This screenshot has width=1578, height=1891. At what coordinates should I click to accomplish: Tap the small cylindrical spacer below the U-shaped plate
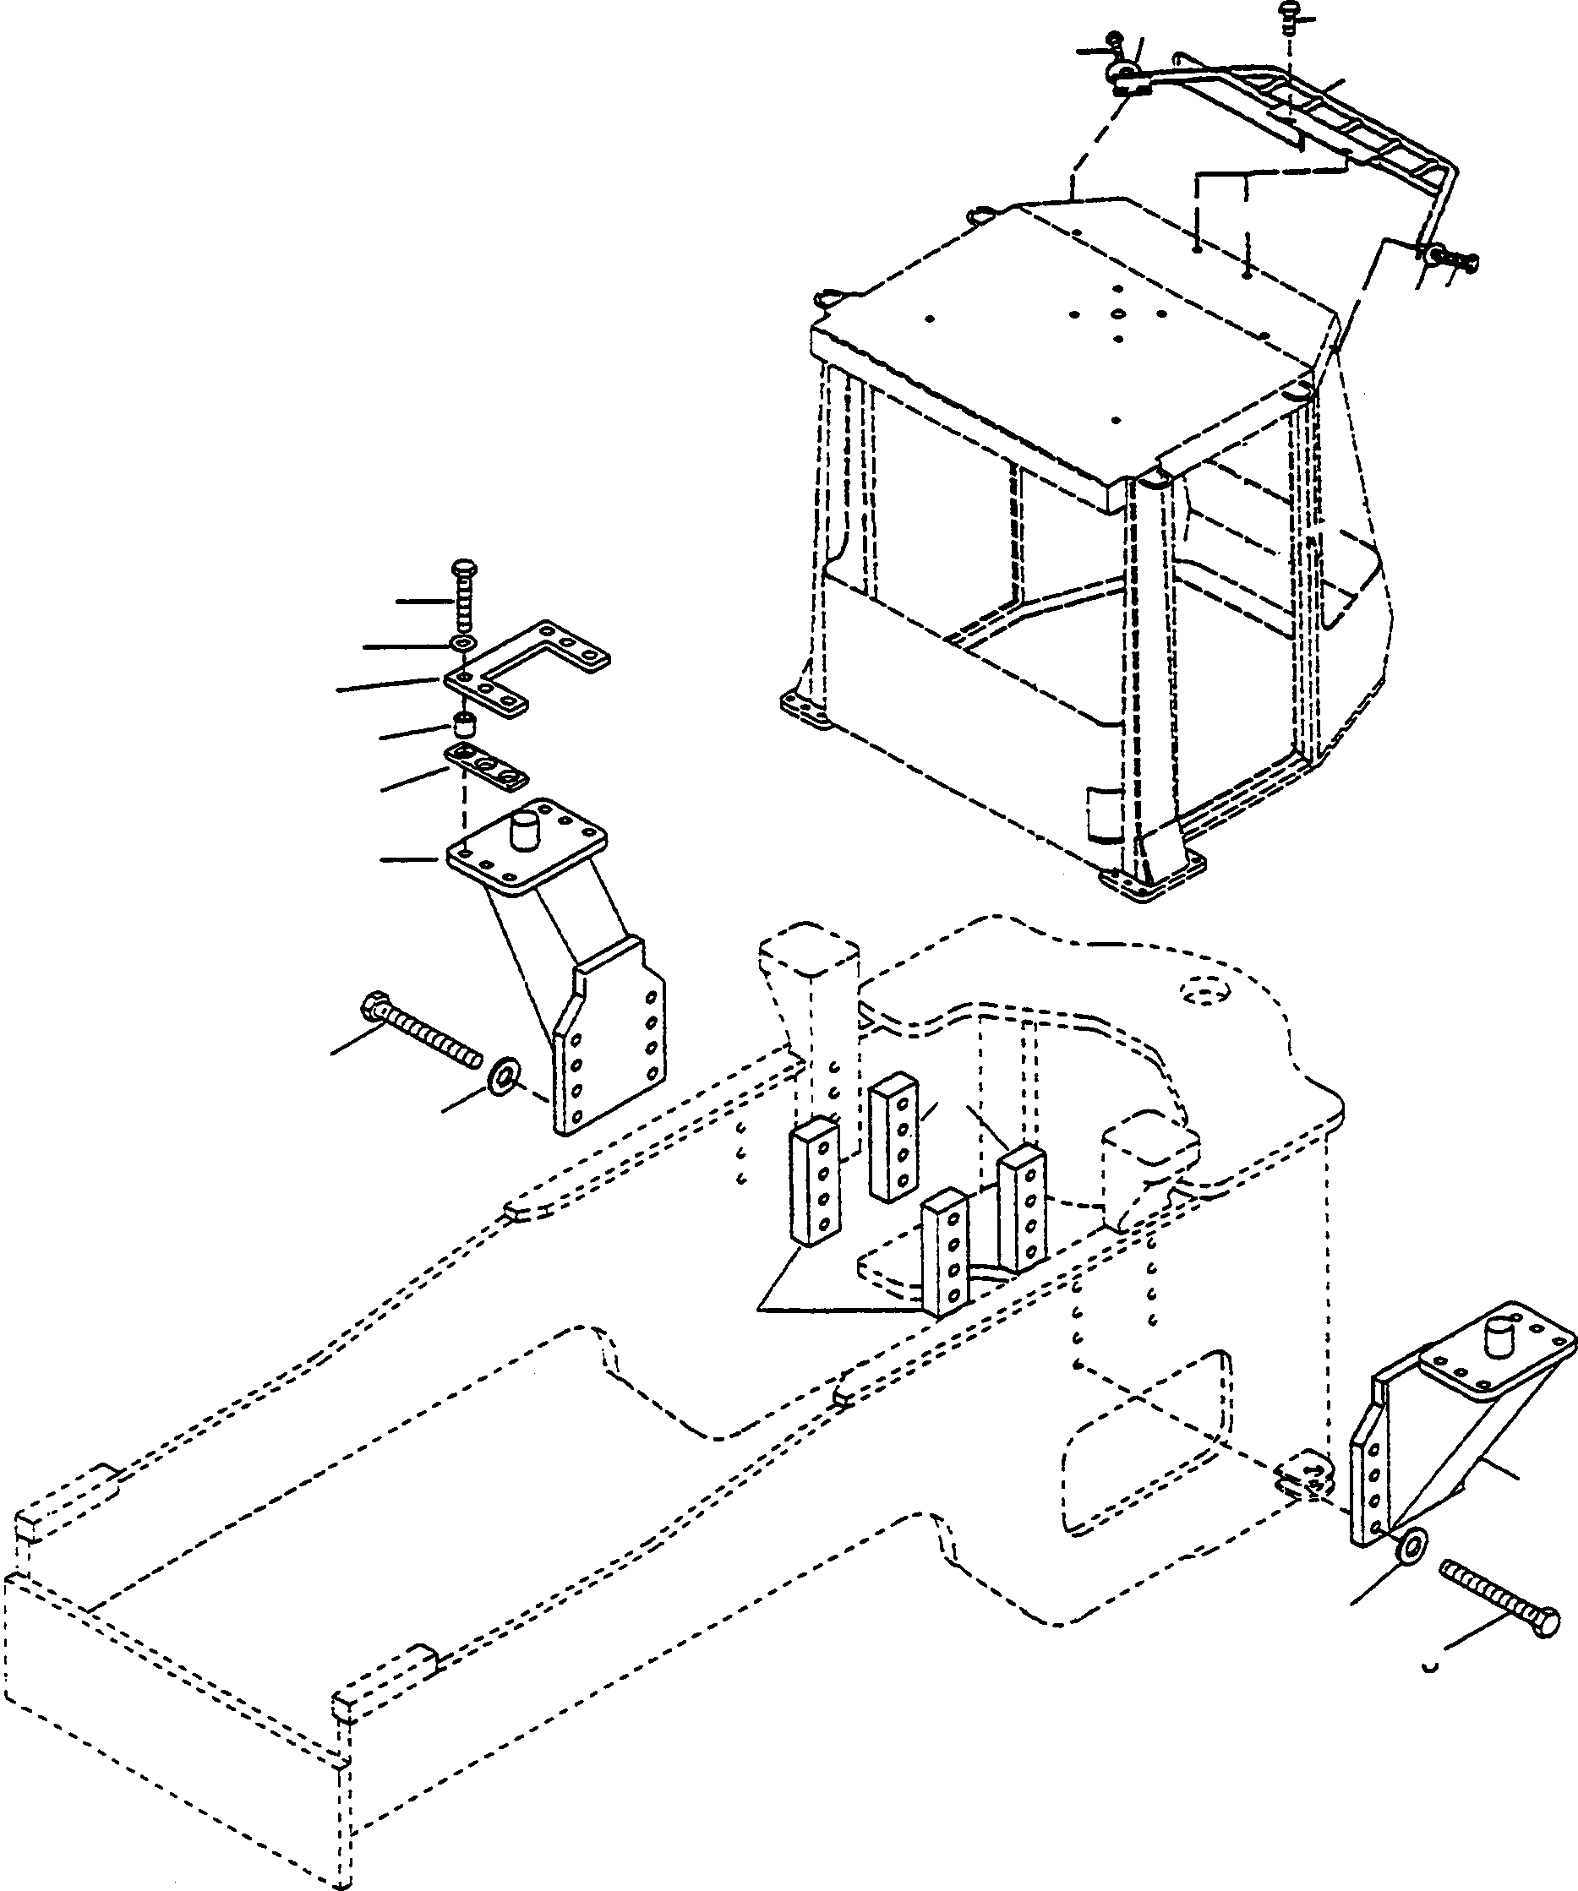pyautogui.click(x=465, y=722)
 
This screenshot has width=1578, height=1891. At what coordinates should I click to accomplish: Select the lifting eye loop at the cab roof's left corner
pyautogui.click(x=824, y=297)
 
